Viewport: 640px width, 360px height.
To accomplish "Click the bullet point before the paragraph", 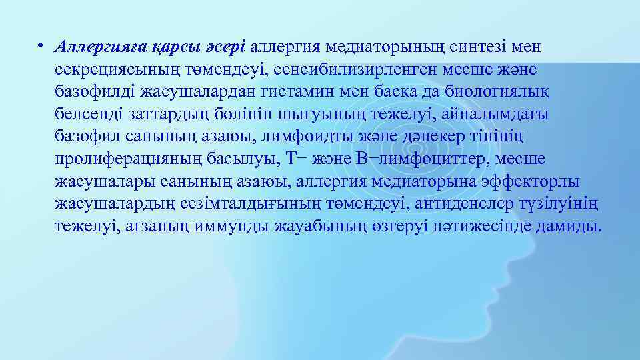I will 41,47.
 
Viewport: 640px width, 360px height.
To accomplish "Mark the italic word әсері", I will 226,47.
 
